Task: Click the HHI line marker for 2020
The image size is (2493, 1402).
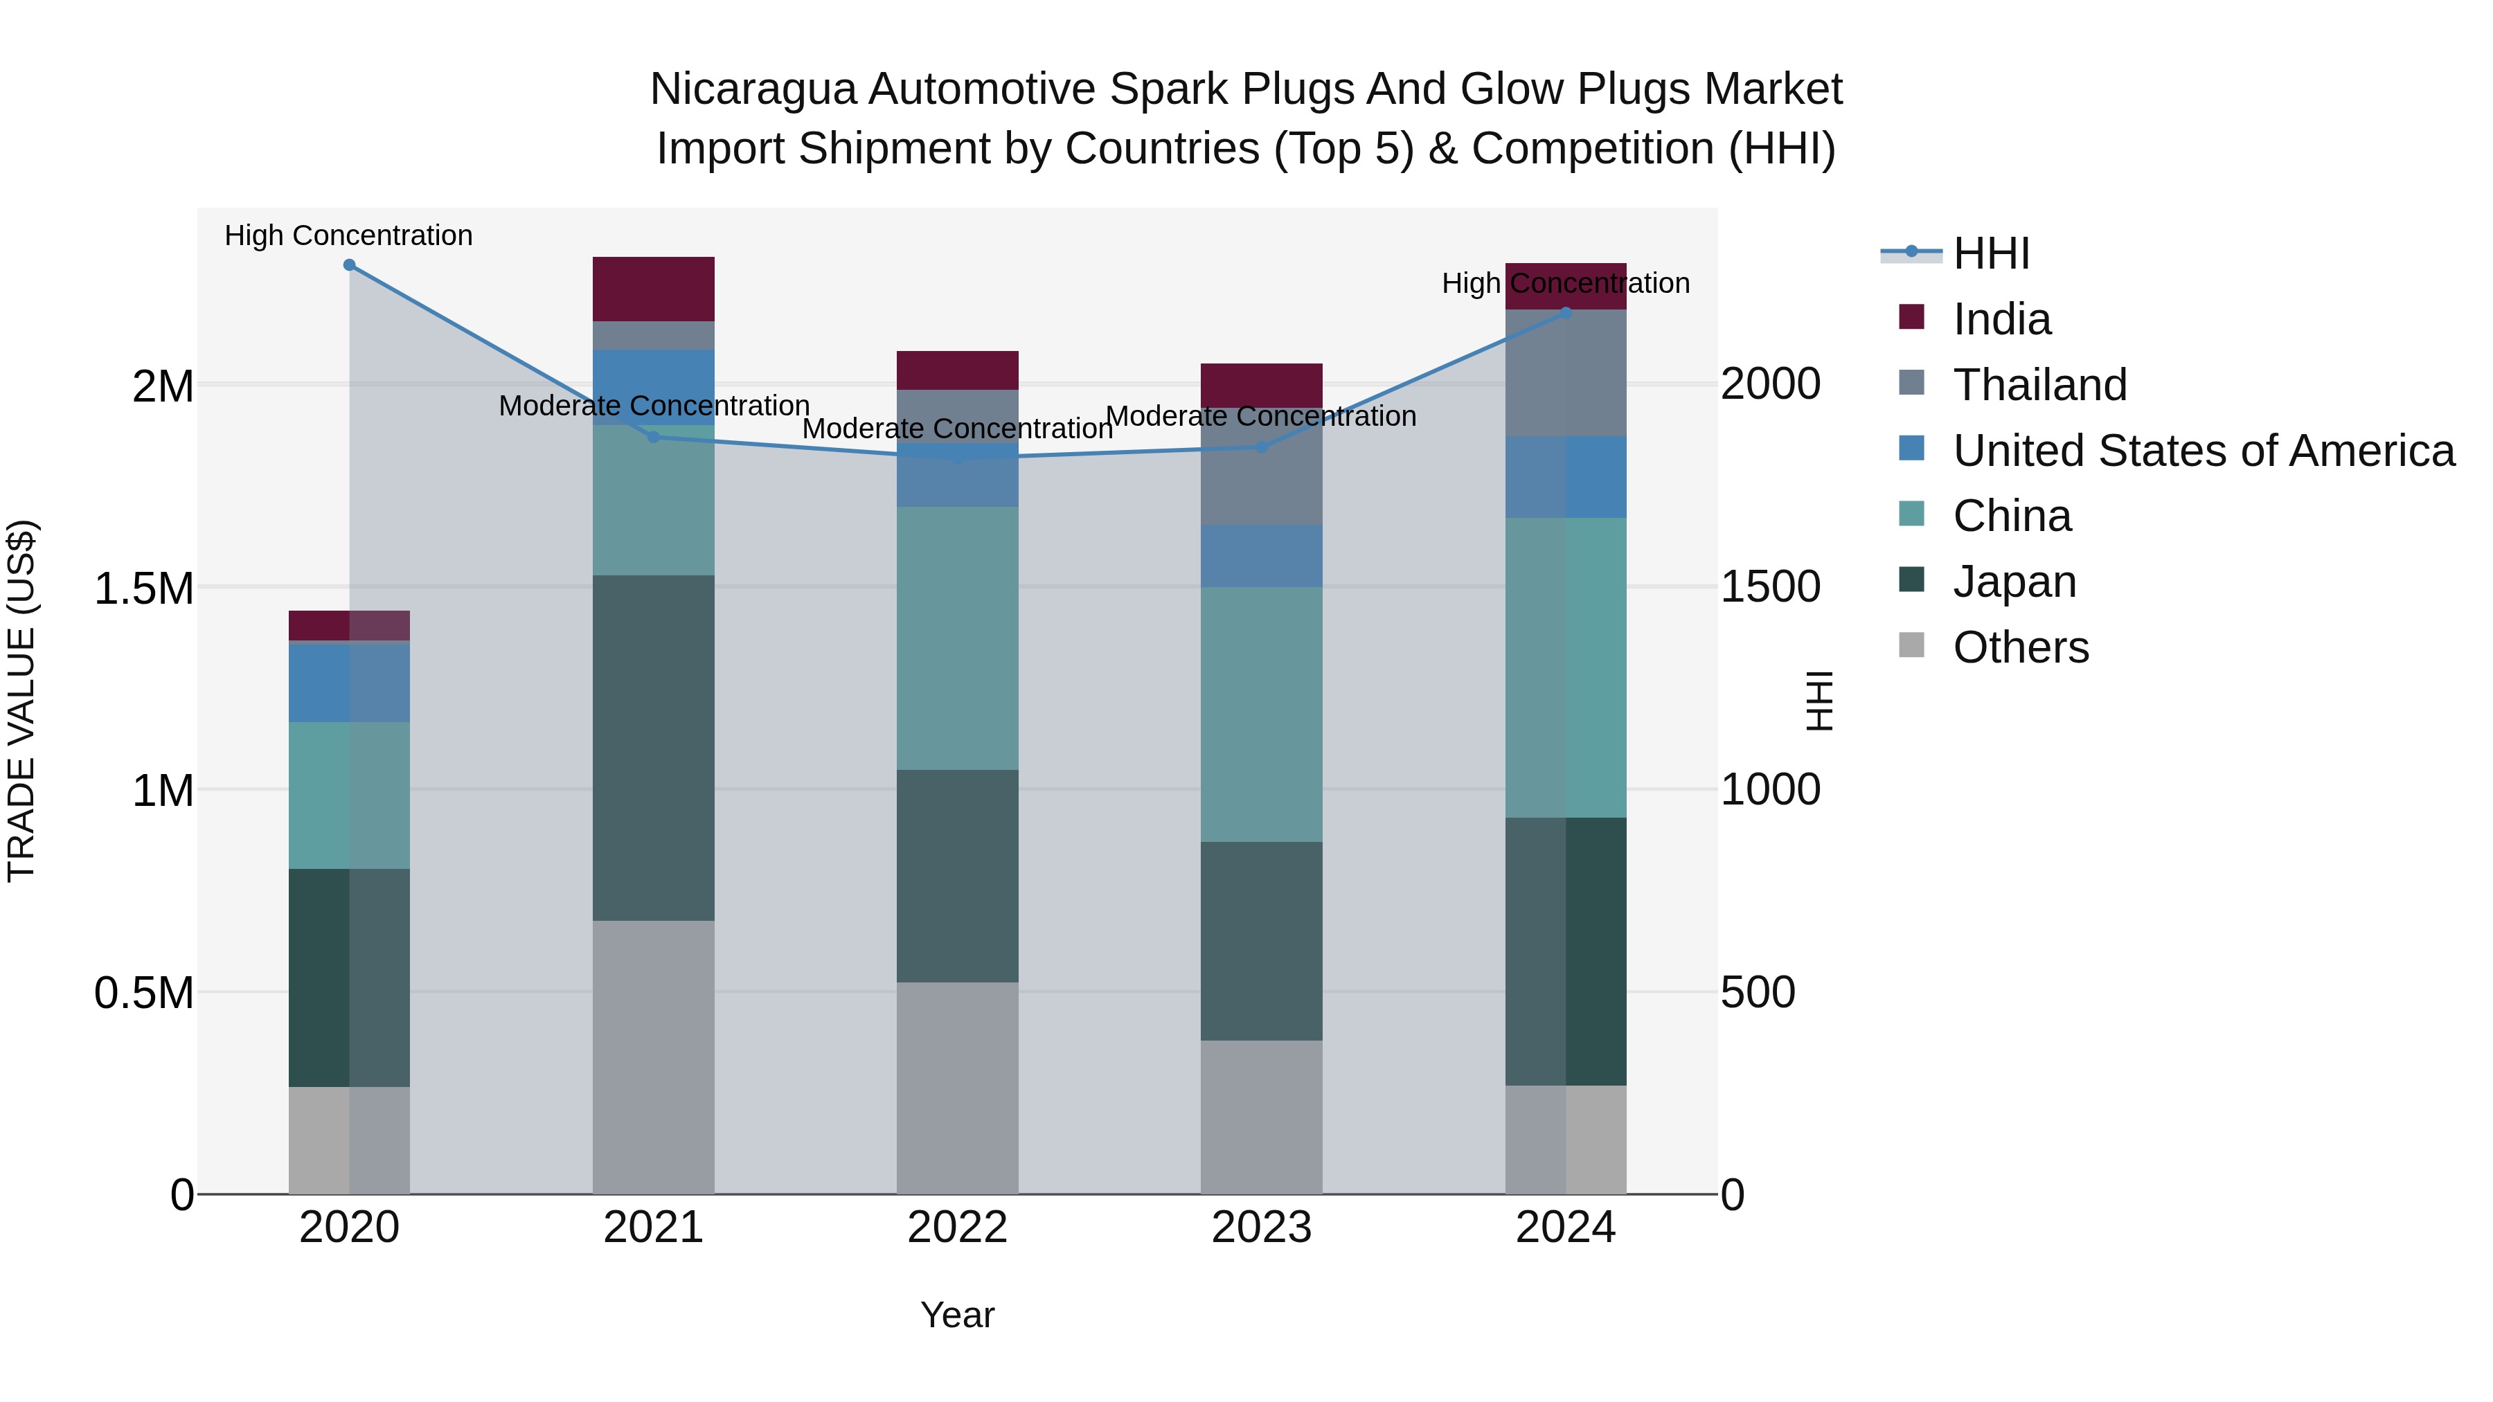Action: [350, 265]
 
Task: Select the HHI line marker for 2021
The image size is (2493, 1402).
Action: [653, 438]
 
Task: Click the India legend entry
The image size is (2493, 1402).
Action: [2001, 319]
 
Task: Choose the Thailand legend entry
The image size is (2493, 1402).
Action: [2039, 385]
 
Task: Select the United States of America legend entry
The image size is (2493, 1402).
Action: [2204, 451]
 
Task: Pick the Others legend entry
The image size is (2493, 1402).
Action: [2021, 647]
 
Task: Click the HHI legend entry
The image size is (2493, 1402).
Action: [1991, 253]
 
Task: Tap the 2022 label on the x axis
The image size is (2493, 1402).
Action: [957, 1228]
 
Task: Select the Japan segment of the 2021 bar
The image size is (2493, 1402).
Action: [653, 747]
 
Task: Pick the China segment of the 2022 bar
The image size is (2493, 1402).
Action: [957, 638]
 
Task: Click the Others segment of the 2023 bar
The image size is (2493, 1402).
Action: [1261, 1117]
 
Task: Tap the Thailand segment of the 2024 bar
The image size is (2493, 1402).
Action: [1566, 373]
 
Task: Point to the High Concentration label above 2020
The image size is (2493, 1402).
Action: [348, 236]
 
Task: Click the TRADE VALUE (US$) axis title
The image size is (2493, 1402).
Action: [21, 701]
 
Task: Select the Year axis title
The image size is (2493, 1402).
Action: [957, 1315]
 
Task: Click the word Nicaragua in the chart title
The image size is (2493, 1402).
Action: [753, 89]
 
